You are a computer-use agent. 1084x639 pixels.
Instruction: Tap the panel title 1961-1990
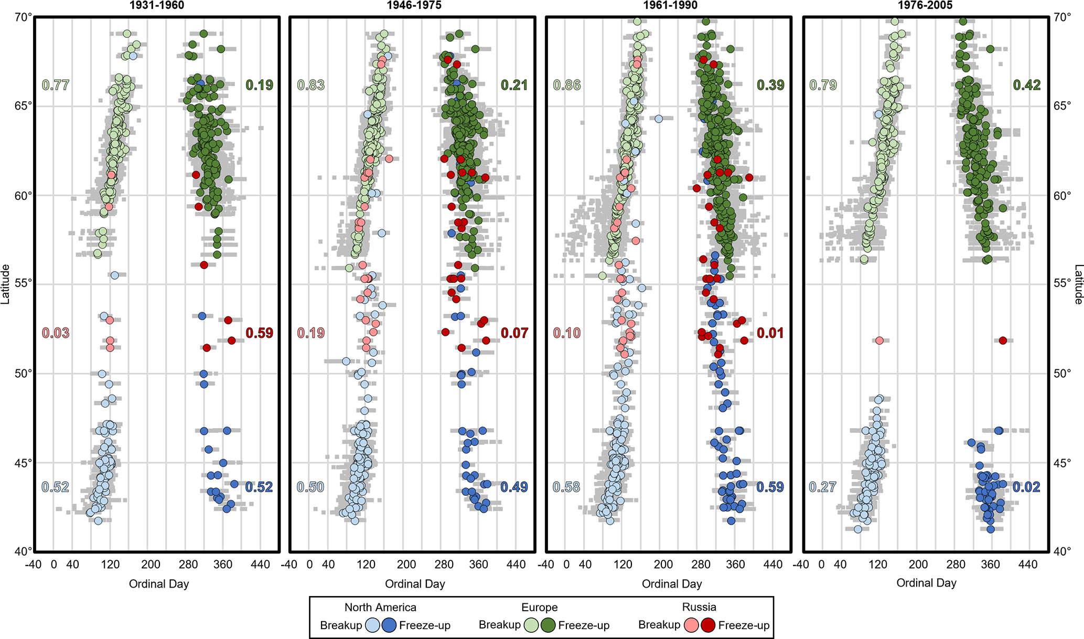coord(671,6)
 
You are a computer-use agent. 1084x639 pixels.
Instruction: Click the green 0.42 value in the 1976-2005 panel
coord(1026,85)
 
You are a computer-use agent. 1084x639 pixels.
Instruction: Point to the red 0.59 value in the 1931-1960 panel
coord(259,333)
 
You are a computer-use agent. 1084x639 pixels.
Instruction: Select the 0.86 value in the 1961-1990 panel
coord(567,85)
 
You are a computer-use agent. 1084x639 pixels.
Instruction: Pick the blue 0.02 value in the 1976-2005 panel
coord(1026,487)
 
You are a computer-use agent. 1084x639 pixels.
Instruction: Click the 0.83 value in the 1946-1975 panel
coord(311,85)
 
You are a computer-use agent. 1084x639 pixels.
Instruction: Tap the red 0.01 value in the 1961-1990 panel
coord(770,333)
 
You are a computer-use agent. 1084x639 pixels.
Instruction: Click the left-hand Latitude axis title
coord(6,284)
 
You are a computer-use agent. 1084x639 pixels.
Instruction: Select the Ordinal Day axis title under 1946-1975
coord(415,584)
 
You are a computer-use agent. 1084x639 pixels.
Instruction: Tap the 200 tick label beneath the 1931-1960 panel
coord(151,565)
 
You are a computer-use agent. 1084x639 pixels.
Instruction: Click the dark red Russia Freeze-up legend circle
coord(709,625)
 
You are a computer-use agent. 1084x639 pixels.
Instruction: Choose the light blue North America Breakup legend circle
coord(372,625)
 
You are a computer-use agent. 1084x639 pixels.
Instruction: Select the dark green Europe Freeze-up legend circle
coord(549,625)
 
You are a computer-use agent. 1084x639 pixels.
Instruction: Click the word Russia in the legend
coord(699,607)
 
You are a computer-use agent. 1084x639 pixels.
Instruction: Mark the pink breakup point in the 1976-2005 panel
coord(879,340)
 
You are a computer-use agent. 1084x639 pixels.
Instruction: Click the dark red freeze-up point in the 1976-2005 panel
coord(1003,340)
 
